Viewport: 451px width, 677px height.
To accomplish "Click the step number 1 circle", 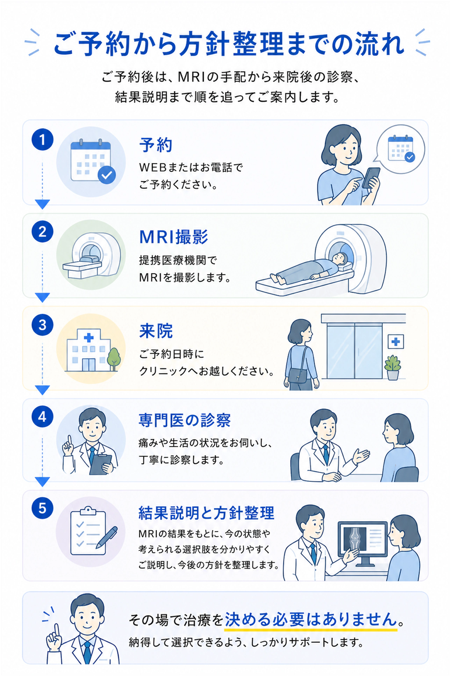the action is point(42,140).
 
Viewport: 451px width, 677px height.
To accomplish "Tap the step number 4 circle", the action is point(42,417).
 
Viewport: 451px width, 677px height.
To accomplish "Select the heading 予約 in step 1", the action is point(156,145).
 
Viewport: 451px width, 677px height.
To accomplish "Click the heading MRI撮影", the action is point(174,237).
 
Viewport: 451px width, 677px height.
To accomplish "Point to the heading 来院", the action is point(156,331).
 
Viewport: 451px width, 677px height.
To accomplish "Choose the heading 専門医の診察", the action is point(185,420).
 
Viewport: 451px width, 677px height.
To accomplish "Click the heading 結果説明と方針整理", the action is point(206,513).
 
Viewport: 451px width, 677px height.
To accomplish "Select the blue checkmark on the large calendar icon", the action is point(107,175).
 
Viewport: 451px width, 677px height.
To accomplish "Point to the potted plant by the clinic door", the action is point(393,367).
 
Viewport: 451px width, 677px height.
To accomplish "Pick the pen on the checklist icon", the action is point(107,537).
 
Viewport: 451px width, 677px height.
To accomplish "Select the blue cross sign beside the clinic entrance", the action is point(396,341).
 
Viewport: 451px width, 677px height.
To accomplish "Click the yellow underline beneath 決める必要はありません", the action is point(310,630).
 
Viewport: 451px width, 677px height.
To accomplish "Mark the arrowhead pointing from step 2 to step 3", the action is point(42,297).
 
